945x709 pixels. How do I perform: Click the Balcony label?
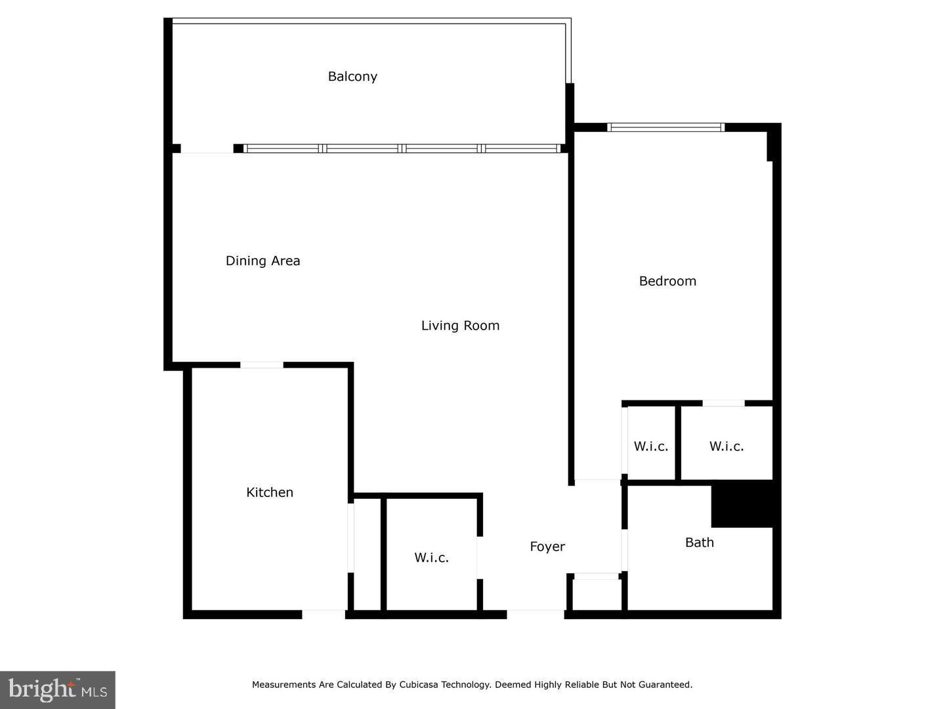(x=352, y=77)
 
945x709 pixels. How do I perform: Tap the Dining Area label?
(x=262, y=261)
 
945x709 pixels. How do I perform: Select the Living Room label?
(x=460, y=326)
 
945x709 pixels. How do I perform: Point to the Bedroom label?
(x=667, y=281)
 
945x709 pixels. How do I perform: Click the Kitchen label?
(x=270, y=492)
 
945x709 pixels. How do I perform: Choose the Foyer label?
(x=547, y=547)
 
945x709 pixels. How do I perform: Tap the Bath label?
(x=699, y=542)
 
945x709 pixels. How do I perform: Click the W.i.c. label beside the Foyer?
(x=431, y=558)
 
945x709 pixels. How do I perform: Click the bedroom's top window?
(x=665, y=127)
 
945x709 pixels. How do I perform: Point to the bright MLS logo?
(x=58, y=689)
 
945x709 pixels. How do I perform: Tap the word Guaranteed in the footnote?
(x=665, y=685)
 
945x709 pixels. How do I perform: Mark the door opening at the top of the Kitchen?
(x=261, y=365)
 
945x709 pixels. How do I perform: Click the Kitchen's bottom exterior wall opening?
(x=323, y=614)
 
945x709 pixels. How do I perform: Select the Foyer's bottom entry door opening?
(x=535, y=614)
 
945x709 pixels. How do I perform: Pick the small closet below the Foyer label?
(x=596, y=595)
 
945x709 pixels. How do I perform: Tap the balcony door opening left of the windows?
(x=207, y=149)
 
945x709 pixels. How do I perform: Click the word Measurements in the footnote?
(x=283, y=685)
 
